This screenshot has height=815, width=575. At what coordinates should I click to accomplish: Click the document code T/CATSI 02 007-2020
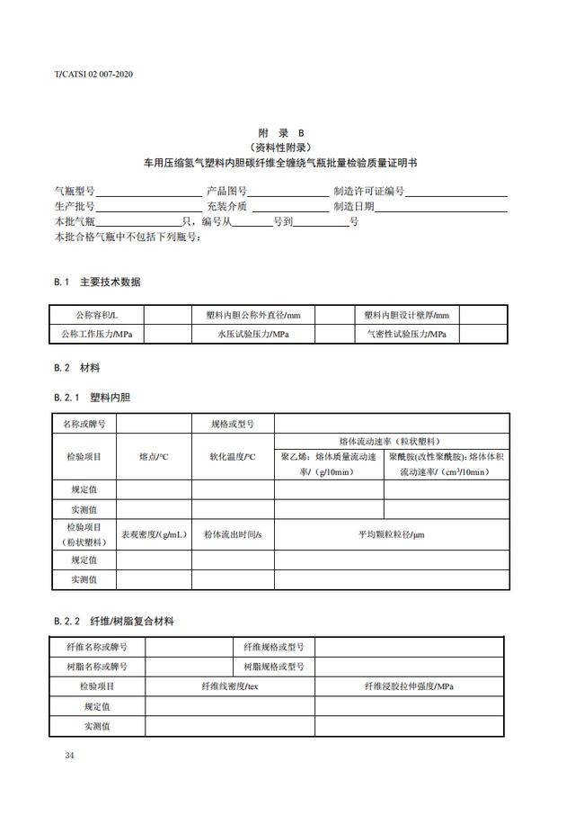pyautogui.click(x=94, y=74)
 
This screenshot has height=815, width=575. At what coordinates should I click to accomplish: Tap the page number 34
pyautogui.click(x=69, y=754)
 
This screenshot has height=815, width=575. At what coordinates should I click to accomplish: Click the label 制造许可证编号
pyautogui.click(x=369, y=192)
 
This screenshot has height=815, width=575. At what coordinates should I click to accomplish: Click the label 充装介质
pyautogui.click(x=226, y=206)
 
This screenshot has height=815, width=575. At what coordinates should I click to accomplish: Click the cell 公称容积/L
pyautogui.click(x=96, y=316)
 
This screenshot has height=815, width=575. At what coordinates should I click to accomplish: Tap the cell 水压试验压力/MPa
pyautogui.click(x=252, y=334)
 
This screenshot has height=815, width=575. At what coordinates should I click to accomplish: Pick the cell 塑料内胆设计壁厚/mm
pyautogui.click(x=406, y=316)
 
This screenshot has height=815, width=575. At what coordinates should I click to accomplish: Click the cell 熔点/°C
pyautogui.click(x=154, y=457)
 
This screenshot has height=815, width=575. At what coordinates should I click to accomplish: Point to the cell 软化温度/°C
pyautogui.click(x=233, y=457)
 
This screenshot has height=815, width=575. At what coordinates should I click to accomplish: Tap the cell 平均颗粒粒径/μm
pyautogui.click(x=391, y=534)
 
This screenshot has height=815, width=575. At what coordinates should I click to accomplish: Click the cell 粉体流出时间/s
pyautogui.click(x=233, y=534)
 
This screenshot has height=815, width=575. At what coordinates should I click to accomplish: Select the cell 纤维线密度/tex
pyautogui.click(x=230, y=686)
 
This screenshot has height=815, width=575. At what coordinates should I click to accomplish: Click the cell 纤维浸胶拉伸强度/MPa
pyautogui.click(x=409, y=686)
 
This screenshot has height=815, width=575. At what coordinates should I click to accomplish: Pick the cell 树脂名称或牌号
pyautogui.click(x=97, y=667)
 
